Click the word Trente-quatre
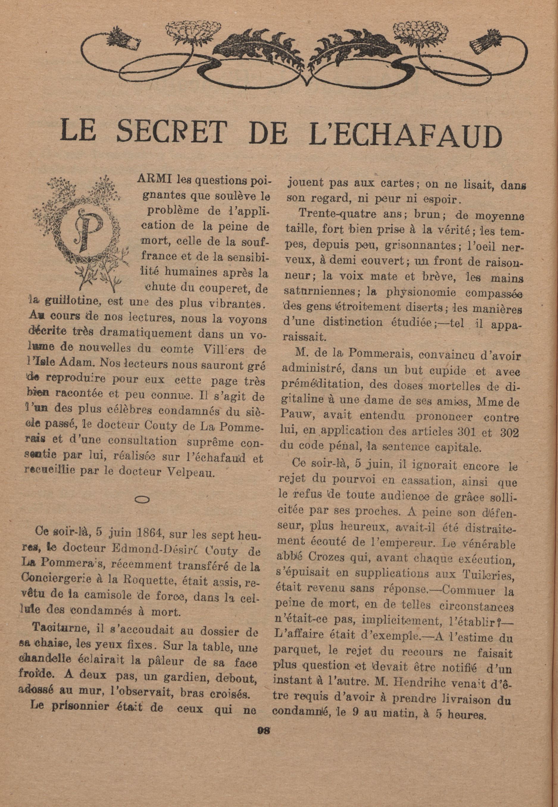tap(331, 215)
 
